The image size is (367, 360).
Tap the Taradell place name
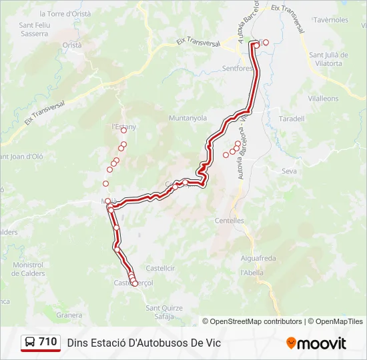(291, 119)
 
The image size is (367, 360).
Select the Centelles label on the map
(230, 221)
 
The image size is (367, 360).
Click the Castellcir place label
(160, 267)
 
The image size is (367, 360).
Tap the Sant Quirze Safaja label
(163, 311)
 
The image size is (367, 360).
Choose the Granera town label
(69, 315)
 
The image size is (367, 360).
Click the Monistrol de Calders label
(28, 269)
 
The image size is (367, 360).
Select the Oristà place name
(71, 45)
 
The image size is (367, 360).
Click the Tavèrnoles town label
(331, 20)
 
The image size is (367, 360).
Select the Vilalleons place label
(323, 98)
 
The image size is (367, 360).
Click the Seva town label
(289, 171)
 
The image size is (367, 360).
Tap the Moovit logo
(316, 343)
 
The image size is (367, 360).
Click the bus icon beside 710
(29, 343)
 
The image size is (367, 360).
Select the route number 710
(48, 342)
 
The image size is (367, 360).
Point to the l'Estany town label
(124, 126)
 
